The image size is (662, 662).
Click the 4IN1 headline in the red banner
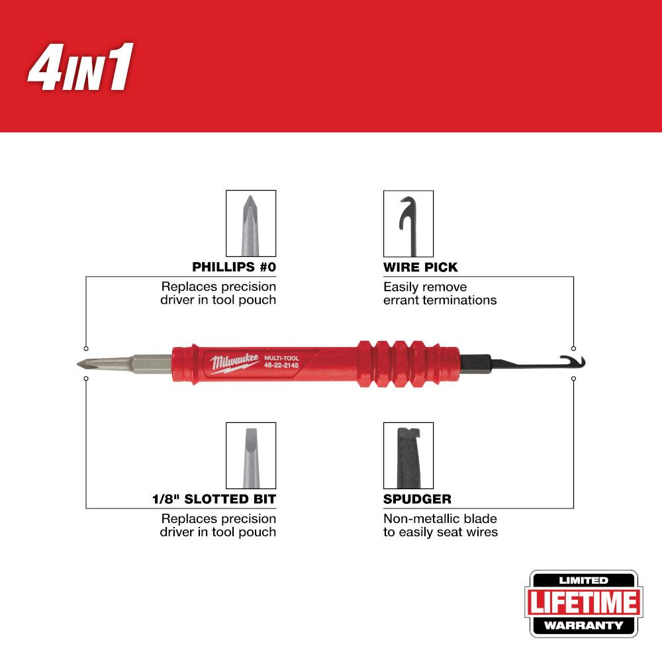[x=80, y=67]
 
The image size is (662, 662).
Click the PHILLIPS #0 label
[x=234, y=267]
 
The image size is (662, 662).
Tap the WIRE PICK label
[x=420, y=267]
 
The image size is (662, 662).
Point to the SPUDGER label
[x=417, y=498]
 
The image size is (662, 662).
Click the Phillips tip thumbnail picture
[x=251, y=223]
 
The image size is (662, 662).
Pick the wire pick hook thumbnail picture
[x=408, y=223]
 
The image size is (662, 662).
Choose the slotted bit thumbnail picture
[x=251, y=455]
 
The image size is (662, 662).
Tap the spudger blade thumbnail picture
[x=408, y=455]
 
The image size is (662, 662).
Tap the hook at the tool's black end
[x=567, y=361]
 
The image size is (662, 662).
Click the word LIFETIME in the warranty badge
[x=582, y=603]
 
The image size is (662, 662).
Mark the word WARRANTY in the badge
[x=582, y=625]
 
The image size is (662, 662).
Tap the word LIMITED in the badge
[x=582, y=581]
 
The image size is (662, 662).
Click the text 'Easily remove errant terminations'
[x=440, y=293]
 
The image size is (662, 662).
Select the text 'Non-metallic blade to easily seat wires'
[x=440, y=525]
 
